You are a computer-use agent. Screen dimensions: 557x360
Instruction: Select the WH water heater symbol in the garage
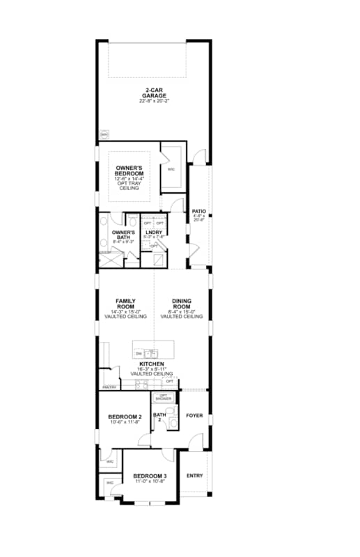click(104, 135)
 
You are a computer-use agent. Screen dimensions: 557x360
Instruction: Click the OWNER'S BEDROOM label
click(130, 171)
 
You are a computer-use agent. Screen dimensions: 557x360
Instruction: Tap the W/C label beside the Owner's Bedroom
click(171, 169)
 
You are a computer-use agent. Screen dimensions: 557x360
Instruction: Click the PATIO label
click(198, 210)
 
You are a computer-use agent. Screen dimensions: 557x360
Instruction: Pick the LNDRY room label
click(154, 233)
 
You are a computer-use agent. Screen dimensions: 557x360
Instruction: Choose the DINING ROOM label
click(182, 304)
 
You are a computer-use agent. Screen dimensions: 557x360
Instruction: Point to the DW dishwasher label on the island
click(139, 354)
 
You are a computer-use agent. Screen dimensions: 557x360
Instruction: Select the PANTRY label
click(109, 386)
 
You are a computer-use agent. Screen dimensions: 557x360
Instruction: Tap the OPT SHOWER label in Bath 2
click(164, 397)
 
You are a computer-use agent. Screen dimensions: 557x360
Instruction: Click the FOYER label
click(194, 416)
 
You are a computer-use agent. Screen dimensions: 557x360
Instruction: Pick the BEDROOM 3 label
click(150, 476)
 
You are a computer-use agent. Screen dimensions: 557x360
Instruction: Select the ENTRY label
click(195, 476)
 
